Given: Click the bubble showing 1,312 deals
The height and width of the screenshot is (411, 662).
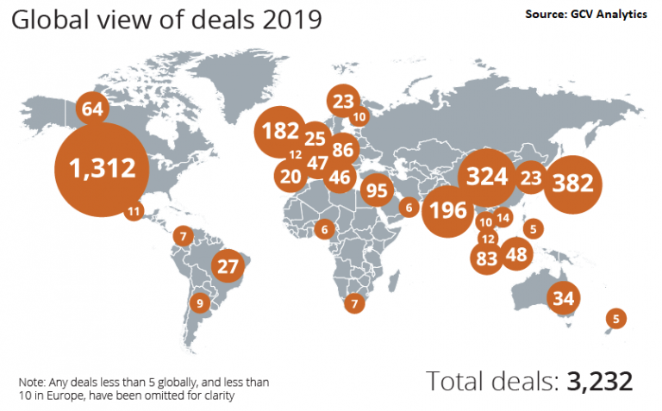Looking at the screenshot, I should coord(104,169).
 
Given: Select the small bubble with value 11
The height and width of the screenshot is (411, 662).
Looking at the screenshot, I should coord(133,210).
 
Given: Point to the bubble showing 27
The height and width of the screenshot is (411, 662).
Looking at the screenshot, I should coord(228,266).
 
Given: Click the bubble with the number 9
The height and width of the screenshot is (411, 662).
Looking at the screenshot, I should coord(200,302).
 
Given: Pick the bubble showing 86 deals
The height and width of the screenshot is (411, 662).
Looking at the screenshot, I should coord(343,149).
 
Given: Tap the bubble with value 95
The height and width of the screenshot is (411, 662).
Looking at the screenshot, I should coord(377,190).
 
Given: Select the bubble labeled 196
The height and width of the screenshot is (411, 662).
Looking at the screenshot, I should coord(447,209).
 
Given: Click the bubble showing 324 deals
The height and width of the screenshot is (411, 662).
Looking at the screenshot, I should coord(487,177).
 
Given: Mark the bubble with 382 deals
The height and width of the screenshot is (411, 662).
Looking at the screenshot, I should coord(576,184).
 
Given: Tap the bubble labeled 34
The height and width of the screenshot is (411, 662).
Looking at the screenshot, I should coord(564,298).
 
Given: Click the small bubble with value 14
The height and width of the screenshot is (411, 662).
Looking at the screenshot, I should coord(503,218).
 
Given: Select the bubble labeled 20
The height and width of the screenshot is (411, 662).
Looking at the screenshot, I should coord(291,176).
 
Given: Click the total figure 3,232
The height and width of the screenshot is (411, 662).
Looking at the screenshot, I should coord(600,381).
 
